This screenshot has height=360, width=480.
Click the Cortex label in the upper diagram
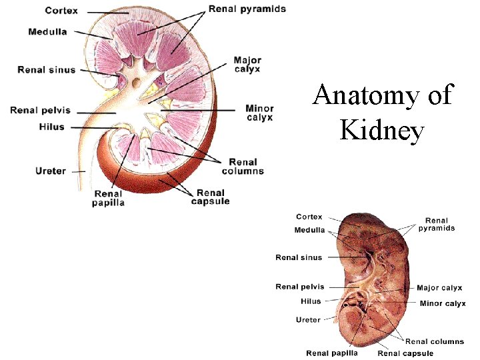[61, 11]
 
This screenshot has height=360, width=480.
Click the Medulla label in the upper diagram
[47, 32]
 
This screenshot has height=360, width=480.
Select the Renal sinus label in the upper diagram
[47, 69]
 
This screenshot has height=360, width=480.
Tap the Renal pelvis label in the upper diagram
[40, 110]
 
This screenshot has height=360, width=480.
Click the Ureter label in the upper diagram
[51, 171]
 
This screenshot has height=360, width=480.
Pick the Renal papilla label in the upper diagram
[108, 199]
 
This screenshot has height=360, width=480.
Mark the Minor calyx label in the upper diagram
[259, 113]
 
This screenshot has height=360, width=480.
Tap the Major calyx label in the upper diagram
[247, 64]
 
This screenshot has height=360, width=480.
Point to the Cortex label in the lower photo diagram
[309, 217]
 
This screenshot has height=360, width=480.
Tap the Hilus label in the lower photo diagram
[311, 301]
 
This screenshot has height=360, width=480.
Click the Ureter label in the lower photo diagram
[308, 320]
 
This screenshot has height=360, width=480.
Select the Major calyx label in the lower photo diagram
[439, 288]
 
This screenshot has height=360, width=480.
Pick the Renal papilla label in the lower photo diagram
[331, 353]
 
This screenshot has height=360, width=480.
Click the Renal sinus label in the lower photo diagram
[299, 257]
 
